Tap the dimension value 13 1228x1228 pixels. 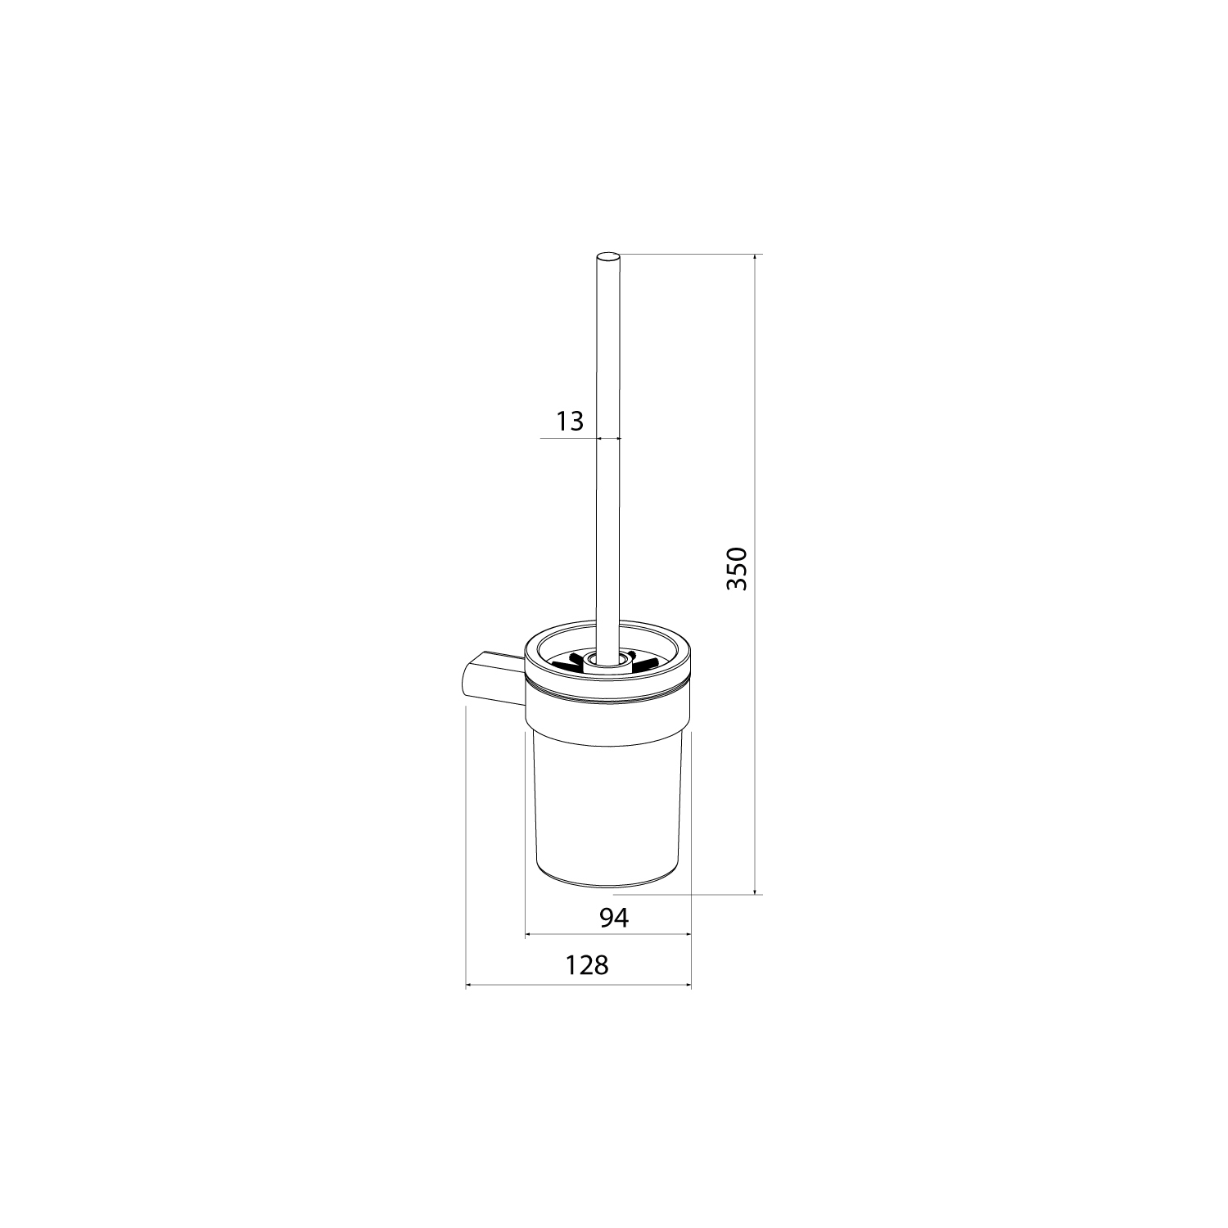(570, 422)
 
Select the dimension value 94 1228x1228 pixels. (613, 919)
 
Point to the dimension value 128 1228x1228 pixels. (587, 965)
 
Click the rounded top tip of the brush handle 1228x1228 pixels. (609, 256)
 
